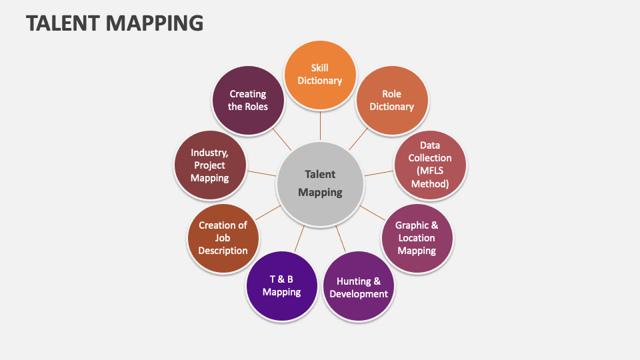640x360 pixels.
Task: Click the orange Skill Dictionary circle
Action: tap(320, 74)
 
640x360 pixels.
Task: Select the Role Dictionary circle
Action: tap(392, 100)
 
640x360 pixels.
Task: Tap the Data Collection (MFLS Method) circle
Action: tap(430, 165)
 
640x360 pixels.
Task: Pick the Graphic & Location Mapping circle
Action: tap(417, 238)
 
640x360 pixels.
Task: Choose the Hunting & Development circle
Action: tap(358, 287)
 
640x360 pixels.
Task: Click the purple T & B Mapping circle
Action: tap(281, 285)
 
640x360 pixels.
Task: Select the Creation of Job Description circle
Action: tap(223, 238)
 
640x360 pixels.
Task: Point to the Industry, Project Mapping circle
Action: tap(209, 165)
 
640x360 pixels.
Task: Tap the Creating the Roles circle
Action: tap(248, 100)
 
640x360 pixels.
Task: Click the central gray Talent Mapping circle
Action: tap(320, 183)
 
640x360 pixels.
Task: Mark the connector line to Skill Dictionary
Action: tap(320, 125)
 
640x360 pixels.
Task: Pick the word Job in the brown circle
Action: tap(223, 238)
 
